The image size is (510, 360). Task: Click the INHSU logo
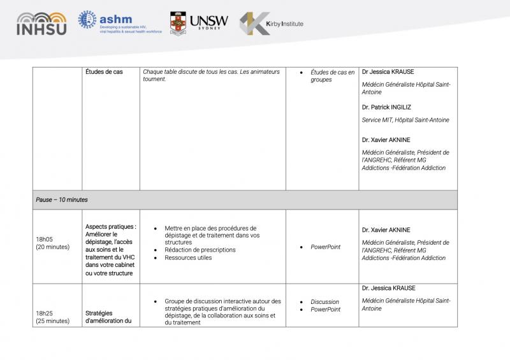[41, 24]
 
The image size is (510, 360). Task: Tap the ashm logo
[120, 23]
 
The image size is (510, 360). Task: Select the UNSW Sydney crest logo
[198, 24]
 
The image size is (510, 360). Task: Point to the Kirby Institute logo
[271, 24]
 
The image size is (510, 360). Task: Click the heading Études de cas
[104, 72]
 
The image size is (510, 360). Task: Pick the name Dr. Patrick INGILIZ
[388, 107]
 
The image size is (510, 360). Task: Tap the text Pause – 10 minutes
[62, 199]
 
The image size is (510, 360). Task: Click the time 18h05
[45, 240]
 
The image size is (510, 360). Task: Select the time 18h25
[45, 313]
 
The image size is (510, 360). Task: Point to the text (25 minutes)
[53, 320]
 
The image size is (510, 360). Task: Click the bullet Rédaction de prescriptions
[200, 250]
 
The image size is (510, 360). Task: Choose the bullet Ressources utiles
[187, 257]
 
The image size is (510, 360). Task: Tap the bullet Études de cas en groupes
[332, 76]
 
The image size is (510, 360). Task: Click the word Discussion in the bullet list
[324, 302]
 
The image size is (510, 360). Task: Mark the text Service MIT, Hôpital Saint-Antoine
[405, 120]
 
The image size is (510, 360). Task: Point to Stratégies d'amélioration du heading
[108, 317]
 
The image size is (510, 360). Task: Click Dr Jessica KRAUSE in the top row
[388, 72]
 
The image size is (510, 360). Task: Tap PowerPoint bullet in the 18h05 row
[325, 247]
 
